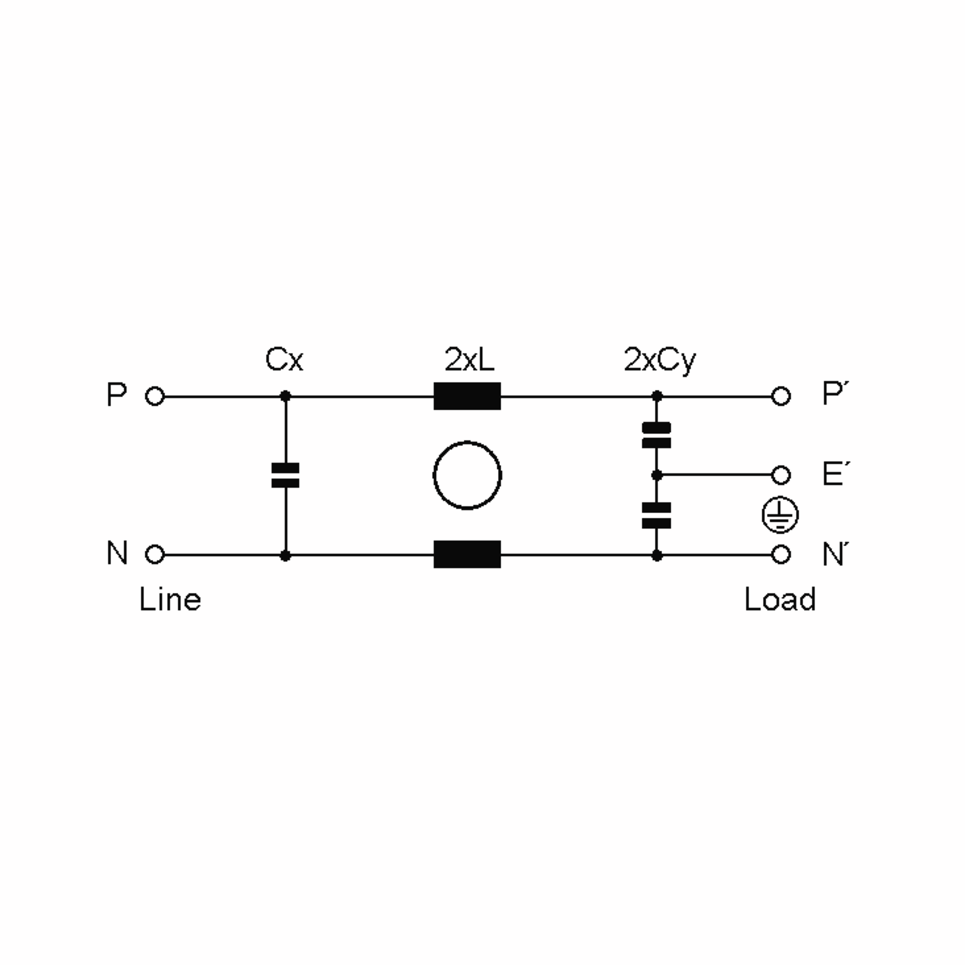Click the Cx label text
pos(284,359)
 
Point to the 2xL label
pos(469,359)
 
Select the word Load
pos(780,600)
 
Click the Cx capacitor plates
pos(285,475)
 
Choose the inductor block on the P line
pos(467,396)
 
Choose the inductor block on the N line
pos(467,554)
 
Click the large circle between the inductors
pos(467,442)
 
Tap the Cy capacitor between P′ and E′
pos(656,435)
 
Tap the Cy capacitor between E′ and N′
pos(656,515)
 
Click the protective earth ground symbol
pos(780,515)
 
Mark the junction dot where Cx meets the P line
pos(285,396)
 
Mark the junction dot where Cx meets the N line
pos(285,555)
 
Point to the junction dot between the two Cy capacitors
pos(657,475)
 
